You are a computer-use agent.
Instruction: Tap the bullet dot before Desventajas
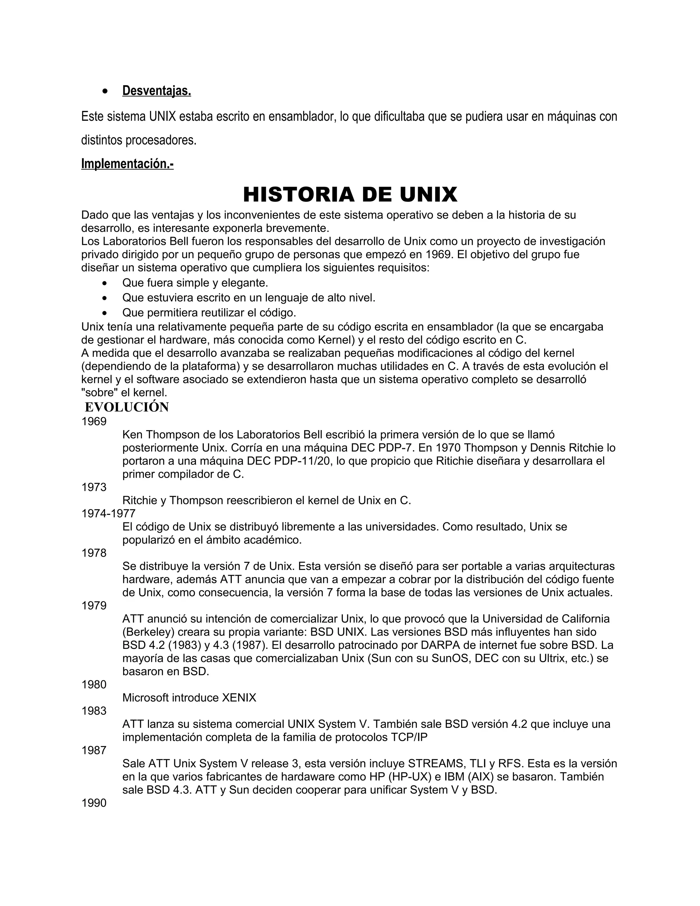(107, 91)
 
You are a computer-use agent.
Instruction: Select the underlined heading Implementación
(127, 164)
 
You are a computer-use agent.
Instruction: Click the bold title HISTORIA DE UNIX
(350, 195)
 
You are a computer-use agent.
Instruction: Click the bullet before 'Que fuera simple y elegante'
(107, 283)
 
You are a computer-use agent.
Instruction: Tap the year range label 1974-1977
(108, 514)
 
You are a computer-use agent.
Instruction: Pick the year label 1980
(94, 684)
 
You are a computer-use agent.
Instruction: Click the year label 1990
(94, 803)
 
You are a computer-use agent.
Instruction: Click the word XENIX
(239, 698)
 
